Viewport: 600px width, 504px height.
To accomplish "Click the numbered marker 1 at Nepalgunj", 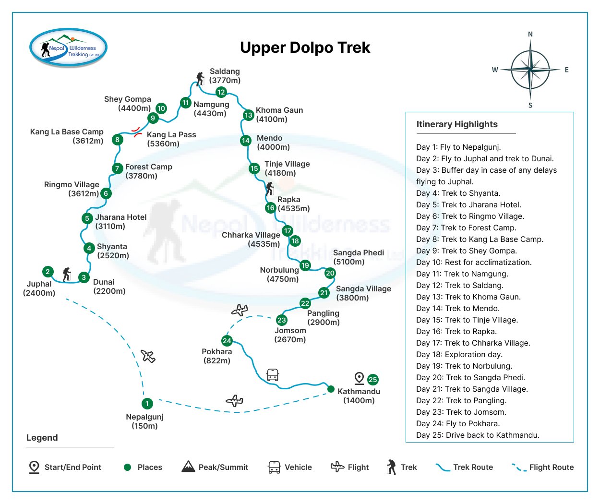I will pos(147,404).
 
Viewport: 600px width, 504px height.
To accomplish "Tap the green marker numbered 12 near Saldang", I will pos(221,92).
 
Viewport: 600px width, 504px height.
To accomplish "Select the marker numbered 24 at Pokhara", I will pos(227,341).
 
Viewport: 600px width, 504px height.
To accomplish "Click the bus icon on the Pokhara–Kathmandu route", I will pos(273,375).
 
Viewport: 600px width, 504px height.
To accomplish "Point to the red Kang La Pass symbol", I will pos(137,132).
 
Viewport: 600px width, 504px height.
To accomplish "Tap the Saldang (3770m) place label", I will pos(225,76).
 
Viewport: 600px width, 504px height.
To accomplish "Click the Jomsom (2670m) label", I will pos(290,335).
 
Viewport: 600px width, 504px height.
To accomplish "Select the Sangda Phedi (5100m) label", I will pos(358,257).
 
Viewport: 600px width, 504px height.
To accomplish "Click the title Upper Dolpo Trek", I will pos(305,48).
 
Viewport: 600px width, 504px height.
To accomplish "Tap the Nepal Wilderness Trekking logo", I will pos(68,48).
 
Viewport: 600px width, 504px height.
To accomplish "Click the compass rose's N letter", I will pos(530,34).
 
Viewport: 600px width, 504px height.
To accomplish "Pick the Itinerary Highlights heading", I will pos(456,124).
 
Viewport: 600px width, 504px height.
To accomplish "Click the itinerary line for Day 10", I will pos(474,262).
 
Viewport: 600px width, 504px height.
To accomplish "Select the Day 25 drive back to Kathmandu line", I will pos(478,435).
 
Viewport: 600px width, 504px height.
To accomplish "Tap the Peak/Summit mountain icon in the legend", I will pos(188,467).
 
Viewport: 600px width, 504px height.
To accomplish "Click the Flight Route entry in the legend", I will pos(542,467).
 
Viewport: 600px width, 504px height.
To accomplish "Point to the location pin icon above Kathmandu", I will pos(359,378).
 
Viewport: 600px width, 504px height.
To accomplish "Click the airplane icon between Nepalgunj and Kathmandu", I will pos(234,400).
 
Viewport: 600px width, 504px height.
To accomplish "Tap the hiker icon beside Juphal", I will pos(67,275).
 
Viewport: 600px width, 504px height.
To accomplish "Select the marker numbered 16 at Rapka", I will pos(271,208).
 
